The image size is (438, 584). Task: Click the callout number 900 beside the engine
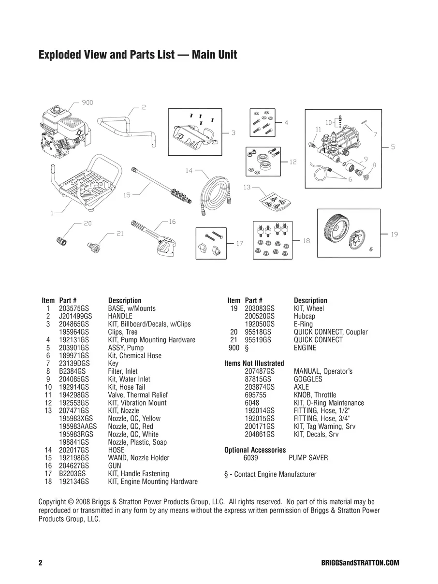pyautogui.click(x=88, y=102)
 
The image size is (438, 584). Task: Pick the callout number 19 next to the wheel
pyautogui.click(x=394, y=234)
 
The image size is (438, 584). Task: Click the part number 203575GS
pyautogui.click(x=73, y=308)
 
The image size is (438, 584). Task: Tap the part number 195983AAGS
pyautogui.click(x=78, y=426)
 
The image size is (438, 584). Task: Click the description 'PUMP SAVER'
pyautogui.click(x=308, y=458)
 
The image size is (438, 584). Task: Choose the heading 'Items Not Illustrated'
pyautogui.click(x=254, y=363)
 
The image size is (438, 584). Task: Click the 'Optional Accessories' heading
pyautogui.click(x=255, y=450)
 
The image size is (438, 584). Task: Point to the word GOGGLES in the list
pyautogui.click(x=308, y=379)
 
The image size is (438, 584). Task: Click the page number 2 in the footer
pyautogui.click(x=41, y=563)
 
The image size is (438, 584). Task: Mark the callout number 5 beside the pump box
pyautogui.click(x=393, y=147)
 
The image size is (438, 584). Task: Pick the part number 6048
pyautogui.click(x=252, y=403)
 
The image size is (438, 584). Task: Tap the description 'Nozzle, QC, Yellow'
pyautogui.click(x=134, y=419)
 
